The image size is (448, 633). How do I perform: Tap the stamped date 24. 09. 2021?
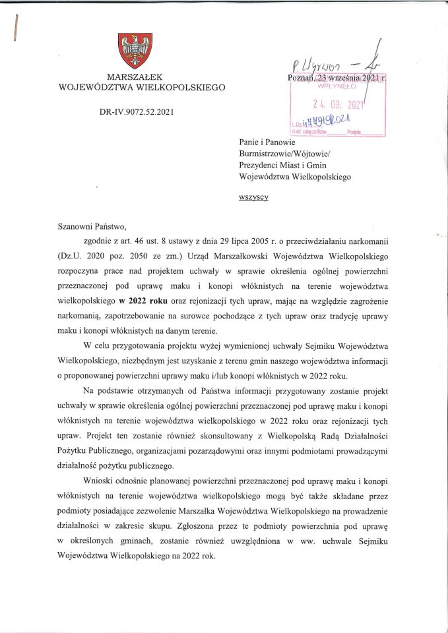pos(338,105)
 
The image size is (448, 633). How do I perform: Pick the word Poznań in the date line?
pos(303,78)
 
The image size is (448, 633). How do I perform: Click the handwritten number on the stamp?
pos(338,120)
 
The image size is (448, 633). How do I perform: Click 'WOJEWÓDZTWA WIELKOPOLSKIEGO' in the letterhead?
pos(142,87)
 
